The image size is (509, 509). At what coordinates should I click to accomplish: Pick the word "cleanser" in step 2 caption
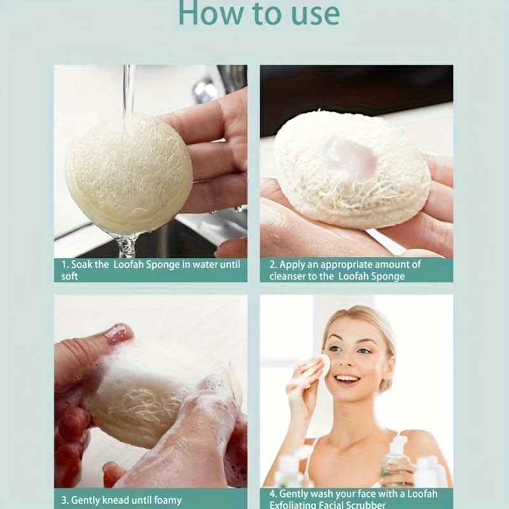click(290, 275)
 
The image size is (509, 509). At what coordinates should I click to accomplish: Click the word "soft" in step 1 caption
click(70, 276)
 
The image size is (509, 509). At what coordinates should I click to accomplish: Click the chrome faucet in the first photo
click(207, 89)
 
